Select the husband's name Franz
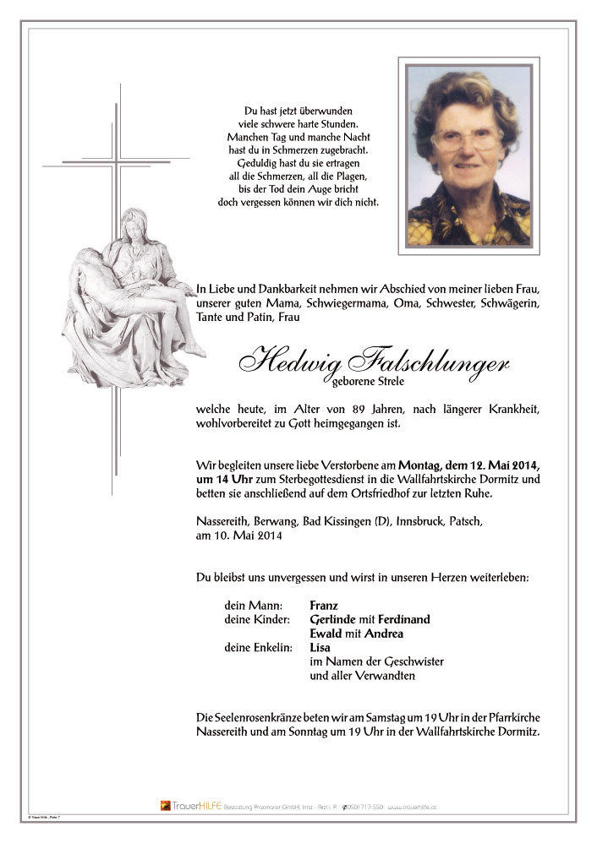tap(324, 605)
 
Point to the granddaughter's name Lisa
tap(320, 648)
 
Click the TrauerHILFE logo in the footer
tap(191, 806)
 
